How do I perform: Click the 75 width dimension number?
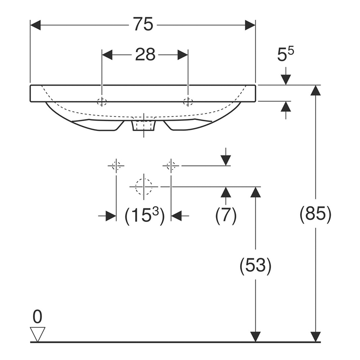pos(143,25)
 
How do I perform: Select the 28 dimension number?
pos(145,55)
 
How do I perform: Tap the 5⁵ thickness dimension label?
pos(285,55)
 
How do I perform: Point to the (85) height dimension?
pos(315,215)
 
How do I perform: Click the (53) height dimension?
pos(255,266)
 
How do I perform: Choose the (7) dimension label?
pos(226,216)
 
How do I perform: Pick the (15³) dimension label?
pos(144,216)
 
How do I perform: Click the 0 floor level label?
pos(38,316)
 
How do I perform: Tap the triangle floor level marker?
pos(38,334)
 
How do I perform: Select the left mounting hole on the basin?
pos(102,101)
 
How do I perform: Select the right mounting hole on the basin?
pos(188,101)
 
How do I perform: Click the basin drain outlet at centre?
pos(144,125)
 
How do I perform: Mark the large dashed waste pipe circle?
pos(144,186)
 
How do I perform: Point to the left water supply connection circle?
pos(116,166)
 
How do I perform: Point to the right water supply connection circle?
pos(171,166)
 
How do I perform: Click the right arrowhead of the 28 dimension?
pos(183,55)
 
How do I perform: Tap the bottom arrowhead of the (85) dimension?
pos(315,337)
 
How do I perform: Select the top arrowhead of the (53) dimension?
pos(255,192)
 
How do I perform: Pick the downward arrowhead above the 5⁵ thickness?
pos(286,80)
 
